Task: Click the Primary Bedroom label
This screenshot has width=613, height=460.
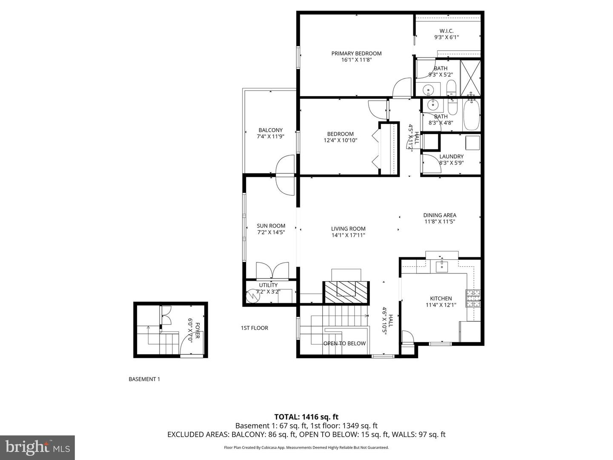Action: pos(356,54)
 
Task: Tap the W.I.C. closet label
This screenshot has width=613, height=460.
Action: pos(446,31)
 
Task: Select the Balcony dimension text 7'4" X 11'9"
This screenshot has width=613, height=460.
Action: pos(270,137)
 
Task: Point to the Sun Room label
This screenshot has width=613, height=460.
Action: pos(271,226)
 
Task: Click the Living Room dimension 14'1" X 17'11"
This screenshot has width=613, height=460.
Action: pos(348,235)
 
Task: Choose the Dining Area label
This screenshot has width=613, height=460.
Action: pos(439,216)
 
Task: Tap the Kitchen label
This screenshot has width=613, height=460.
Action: pos(441,299)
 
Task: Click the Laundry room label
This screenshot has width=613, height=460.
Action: pos(451,157)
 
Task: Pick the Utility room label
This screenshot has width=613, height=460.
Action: pos(268,285)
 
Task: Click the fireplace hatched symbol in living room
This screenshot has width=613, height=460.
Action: pos(346,292)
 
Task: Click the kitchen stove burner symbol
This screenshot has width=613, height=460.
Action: pos(473,298)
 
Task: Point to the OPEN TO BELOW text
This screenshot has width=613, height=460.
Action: pos(344,343)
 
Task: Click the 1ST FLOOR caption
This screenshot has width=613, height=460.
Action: pos(255,328)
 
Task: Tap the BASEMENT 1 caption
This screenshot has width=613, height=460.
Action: pos(144,379)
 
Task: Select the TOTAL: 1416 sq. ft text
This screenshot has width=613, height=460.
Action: pos(306,417)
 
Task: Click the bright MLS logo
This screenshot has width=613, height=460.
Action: pos(37,447)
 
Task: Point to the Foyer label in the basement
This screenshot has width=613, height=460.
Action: pos(194,330)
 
